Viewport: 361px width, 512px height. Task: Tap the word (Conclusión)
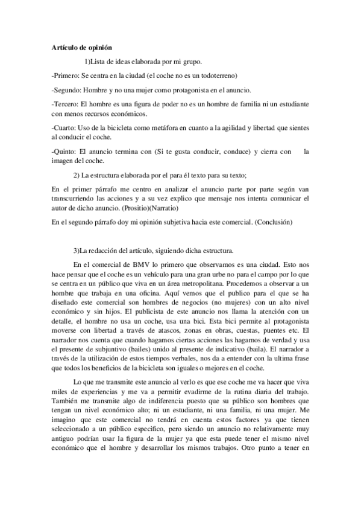274,222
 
